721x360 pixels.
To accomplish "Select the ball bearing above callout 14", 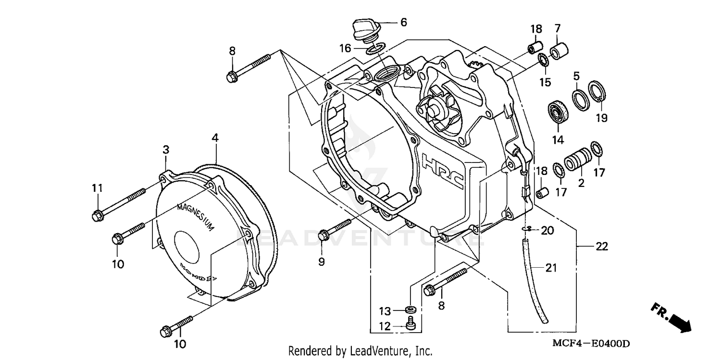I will click(558, 111).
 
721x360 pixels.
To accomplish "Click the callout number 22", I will click(601, 247).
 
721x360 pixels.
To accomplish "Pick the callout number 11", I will click(98, 189).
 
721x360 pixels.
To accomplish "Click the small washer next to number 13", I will click(410, 308).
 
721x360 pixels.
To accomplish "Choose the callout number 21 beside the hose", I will click(551, 268).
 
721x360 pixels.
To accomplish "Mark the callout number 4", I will click(215, 137).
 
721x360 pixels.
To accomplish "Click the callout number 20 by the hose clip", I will click(547, 230).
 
